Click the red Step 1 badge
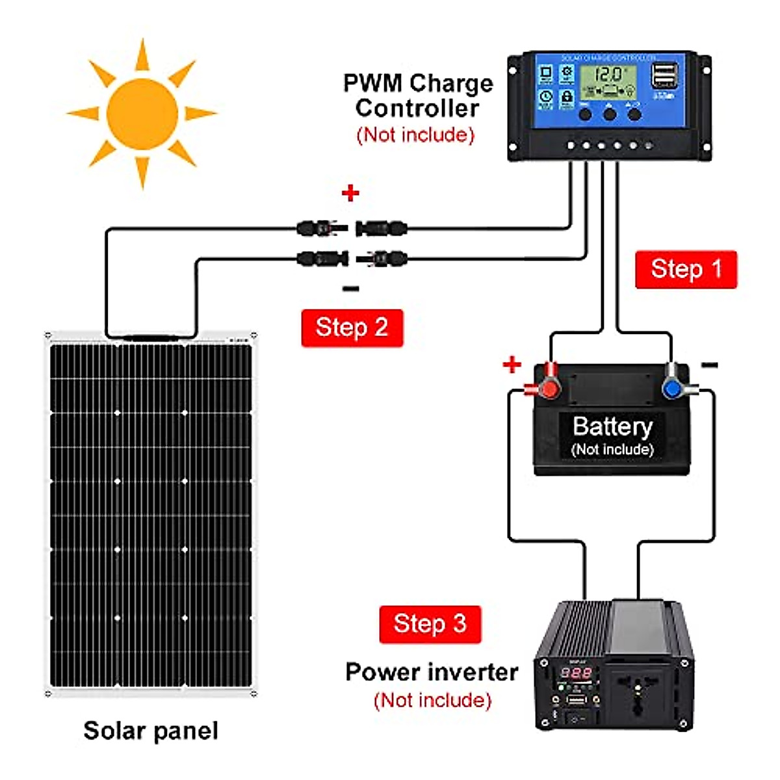(686, 269)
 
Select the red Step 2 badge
(352, 328)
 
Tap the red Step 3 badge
(430, 624)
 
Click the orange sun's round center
(142, 114)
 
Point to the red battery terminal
(547, 387)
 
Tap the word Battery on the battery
(612, 427)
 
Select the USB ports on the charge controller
(664, 76)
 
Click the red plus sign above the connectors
(350, 193)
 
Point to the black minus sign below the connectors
(350, 289)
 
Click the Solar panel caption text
(151, 731)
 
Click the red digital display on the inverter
(577, 673)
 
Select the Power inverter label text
(432, 672)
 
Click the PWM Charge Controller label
(418, 96)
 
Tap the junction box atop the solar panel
(151, 338)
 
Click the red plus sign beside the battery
(512, 364)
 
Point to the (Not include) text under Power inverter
(432, 700)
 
